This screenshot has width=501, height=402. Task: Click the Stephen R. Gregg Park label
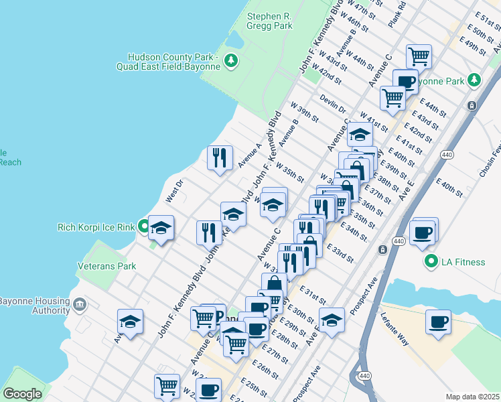269,21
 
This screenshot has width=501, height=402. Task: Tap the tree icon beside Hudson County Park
232,62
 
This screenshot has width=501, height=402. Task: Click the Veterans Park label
106,266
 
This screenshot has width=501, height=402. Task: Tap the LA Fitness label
462,262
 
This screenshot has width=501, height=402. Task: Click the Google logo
23,394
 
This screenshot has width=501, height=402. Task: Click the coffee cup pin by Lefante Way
438,322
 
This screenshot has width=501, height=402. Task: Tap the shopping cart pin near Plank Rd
419,56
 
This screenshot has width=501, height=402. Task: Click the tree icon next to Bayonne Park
474,80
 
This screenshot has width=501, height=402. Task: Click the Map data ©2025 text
472,397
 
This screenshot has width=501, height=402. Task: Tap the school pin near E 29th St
332,320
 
